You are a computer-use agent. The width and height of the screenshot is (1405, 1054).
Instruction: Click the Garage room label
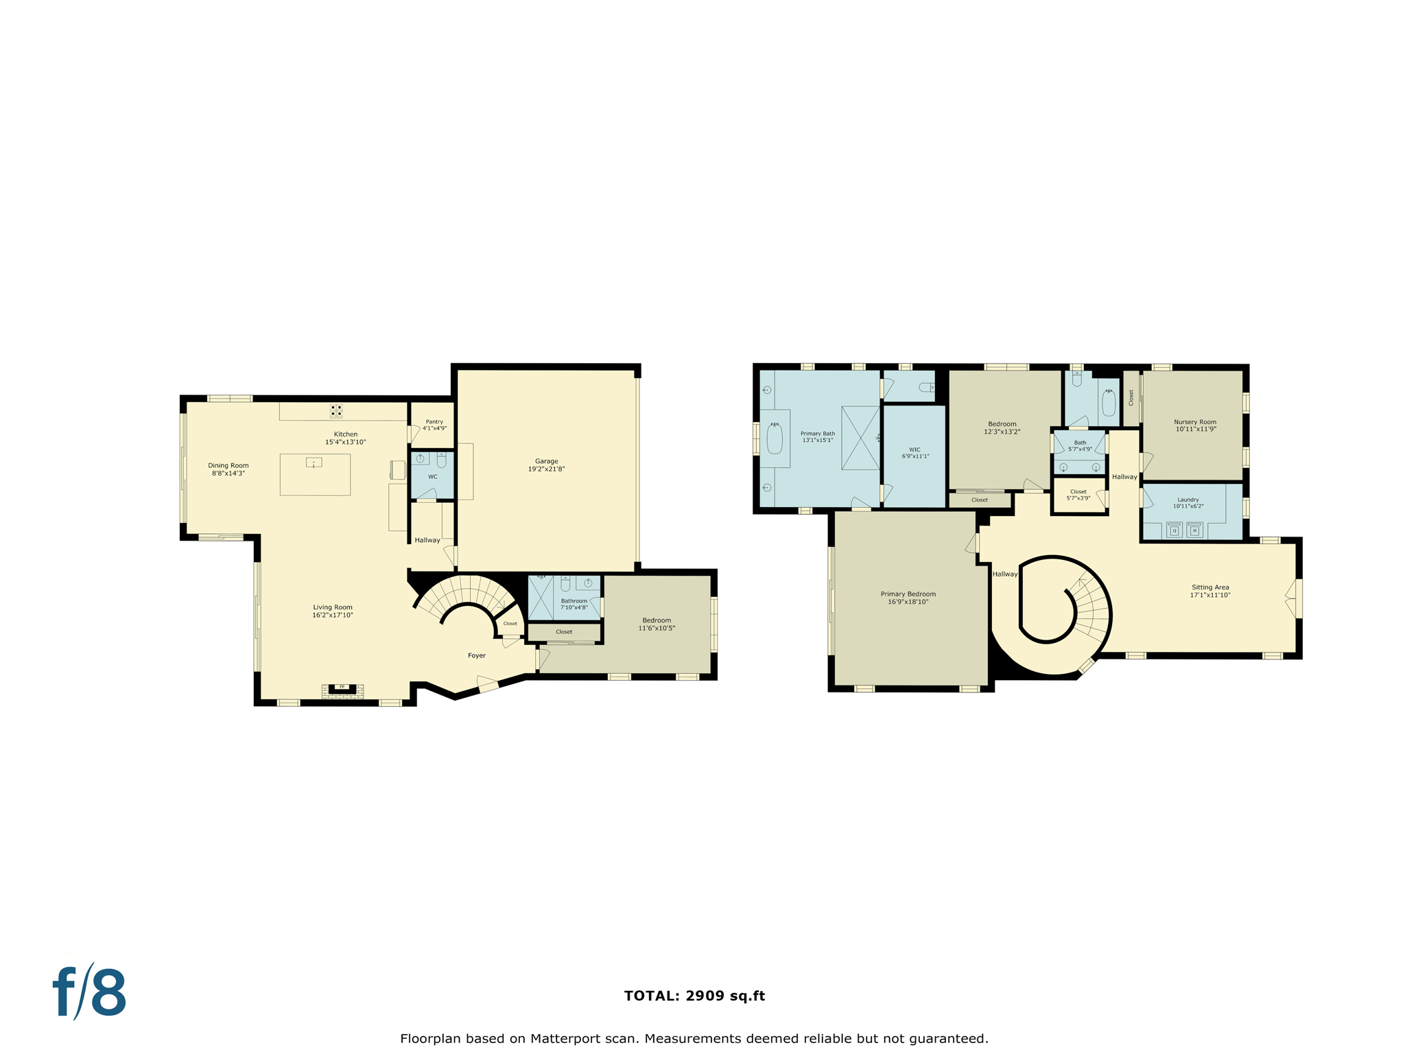click(x=546, y=461)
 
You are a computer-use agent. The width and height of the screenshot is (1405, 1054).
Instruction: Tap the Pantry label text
click(x=434, y=422)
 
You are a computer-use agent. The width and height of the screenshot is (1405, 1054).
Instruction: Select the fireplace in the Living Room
click(x=342, y=688)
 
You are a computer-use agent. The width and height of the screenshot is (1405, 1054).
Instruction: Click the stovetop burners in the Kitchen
click(x=336, y=410)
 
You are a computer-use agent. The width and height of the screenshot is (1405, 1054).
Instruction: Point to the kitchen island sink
click(x=314, y=463)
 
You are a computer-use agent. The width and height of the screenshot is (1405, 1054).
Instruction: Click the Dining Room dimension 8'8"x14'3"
click(x=228, y=473)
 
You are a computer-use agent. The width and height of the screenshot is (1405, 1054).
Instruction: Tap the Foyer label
click(x=477, y=655)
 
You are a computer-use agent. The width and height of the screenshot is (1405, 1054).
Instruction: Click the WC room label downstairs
click(x=432, y=476)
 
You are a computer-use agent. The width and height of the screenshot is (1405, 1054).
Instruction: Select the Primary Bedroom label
click(x=908, y=594)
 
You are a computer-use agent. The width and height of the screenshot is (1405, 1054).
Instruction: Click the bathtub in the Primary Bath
click(x=775, y=438)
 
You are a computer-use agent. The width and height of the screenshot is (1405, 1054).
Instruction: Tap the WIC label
click(x=914, y=449)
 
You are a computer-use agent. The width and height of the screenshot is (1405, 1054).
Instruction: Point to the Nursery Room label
click(x=1194, y=422)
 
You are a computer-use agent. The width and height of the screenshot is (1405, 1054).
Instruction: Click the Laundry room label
click(x=1188, y=500)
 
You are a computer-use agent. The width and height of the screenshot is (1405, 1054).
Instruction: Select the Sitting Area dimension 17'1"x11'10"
click(x=1210, y=596)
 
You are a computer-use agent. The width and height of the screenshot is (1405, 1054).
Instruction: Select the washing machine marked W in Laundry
click(x=1194, y=530)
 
